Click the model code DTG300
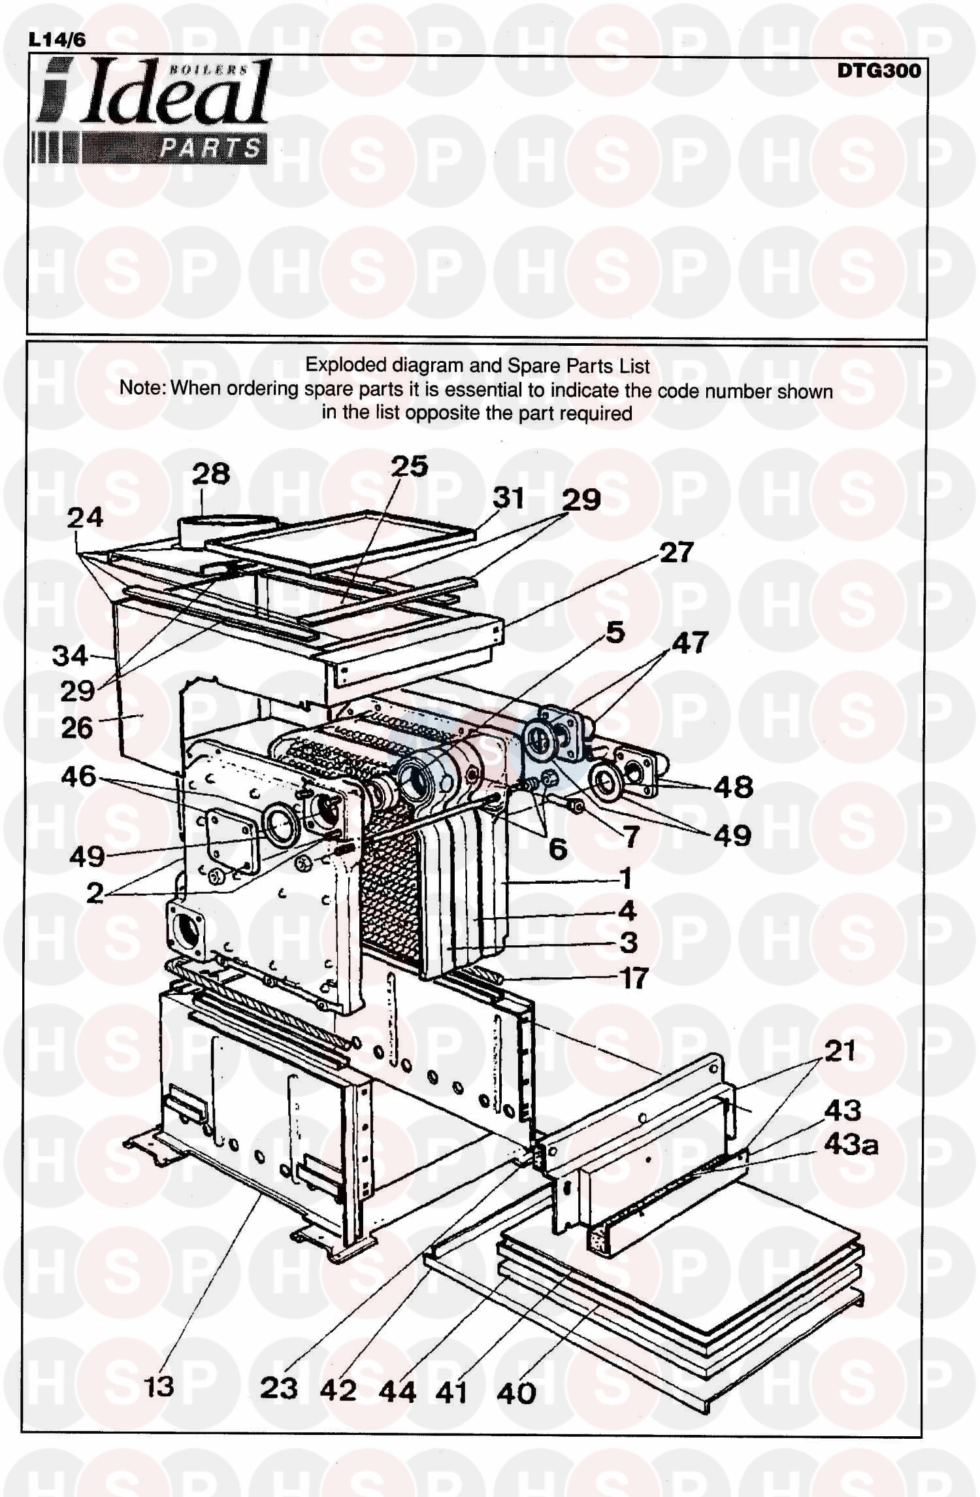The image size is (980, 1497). [x=879, y=71]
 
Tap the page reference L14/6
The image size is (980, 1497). [x=57, y=41]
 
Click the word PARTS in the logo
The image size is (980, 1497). [x=210, y=150]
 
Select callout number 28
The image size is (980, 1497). [x=211, y=473]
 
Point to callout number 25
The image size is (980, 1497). [x=409, y=467]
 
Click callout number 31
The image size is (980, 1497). [x=508, y=498]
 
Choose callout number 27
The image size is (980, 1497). [x=676, y=553]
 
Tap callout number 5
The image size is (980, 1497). [x=615, y=633]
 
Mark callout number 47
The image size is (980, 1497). [x=690, y=643]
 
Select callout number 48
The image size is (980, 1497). [x=735, y=788]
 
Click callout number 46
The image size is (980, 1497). [x=79, y=777]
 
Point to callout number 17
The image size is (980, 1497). [x=632, y=979]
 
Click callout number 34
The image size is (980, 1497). [x=70, y=655]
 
